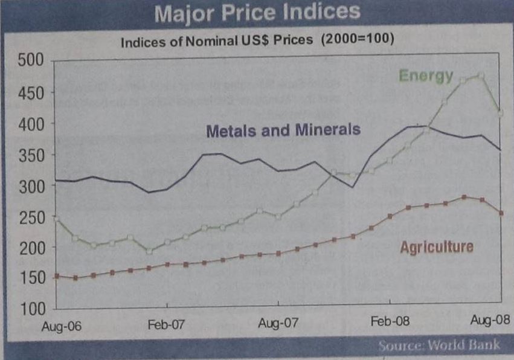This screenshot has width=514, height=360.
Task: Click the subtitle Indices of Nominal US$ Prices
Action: point(257,41)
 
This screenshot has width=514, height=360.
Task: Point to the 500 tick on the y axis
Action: point(31,60)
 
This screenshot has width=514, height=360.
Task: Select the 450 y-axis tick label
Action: point(31,92)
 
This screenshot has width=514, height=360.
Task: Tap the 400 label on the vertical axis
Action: point(31,123)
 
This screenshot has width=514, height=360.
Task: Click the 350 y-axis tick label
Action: point(31,155)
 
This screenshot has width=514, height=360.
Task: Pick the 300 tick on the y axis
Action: point(31,185)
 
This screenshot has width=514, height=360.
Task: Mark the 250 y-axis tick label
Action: point(31,217)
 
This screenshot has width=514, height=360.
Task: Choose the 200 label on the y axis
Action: point(31,248)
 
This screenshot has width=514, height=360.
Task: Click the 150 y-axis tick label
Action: point(31,278)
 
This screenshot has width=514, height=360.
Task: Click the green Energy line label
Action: point(426,76)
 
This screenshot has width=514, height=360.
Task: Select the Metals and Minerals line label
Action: point(283,130)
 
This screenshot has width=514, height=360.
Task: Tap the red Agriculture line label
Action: point(437,246)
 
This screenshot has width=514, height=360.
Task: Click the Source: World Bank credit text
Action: point(440,346)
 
